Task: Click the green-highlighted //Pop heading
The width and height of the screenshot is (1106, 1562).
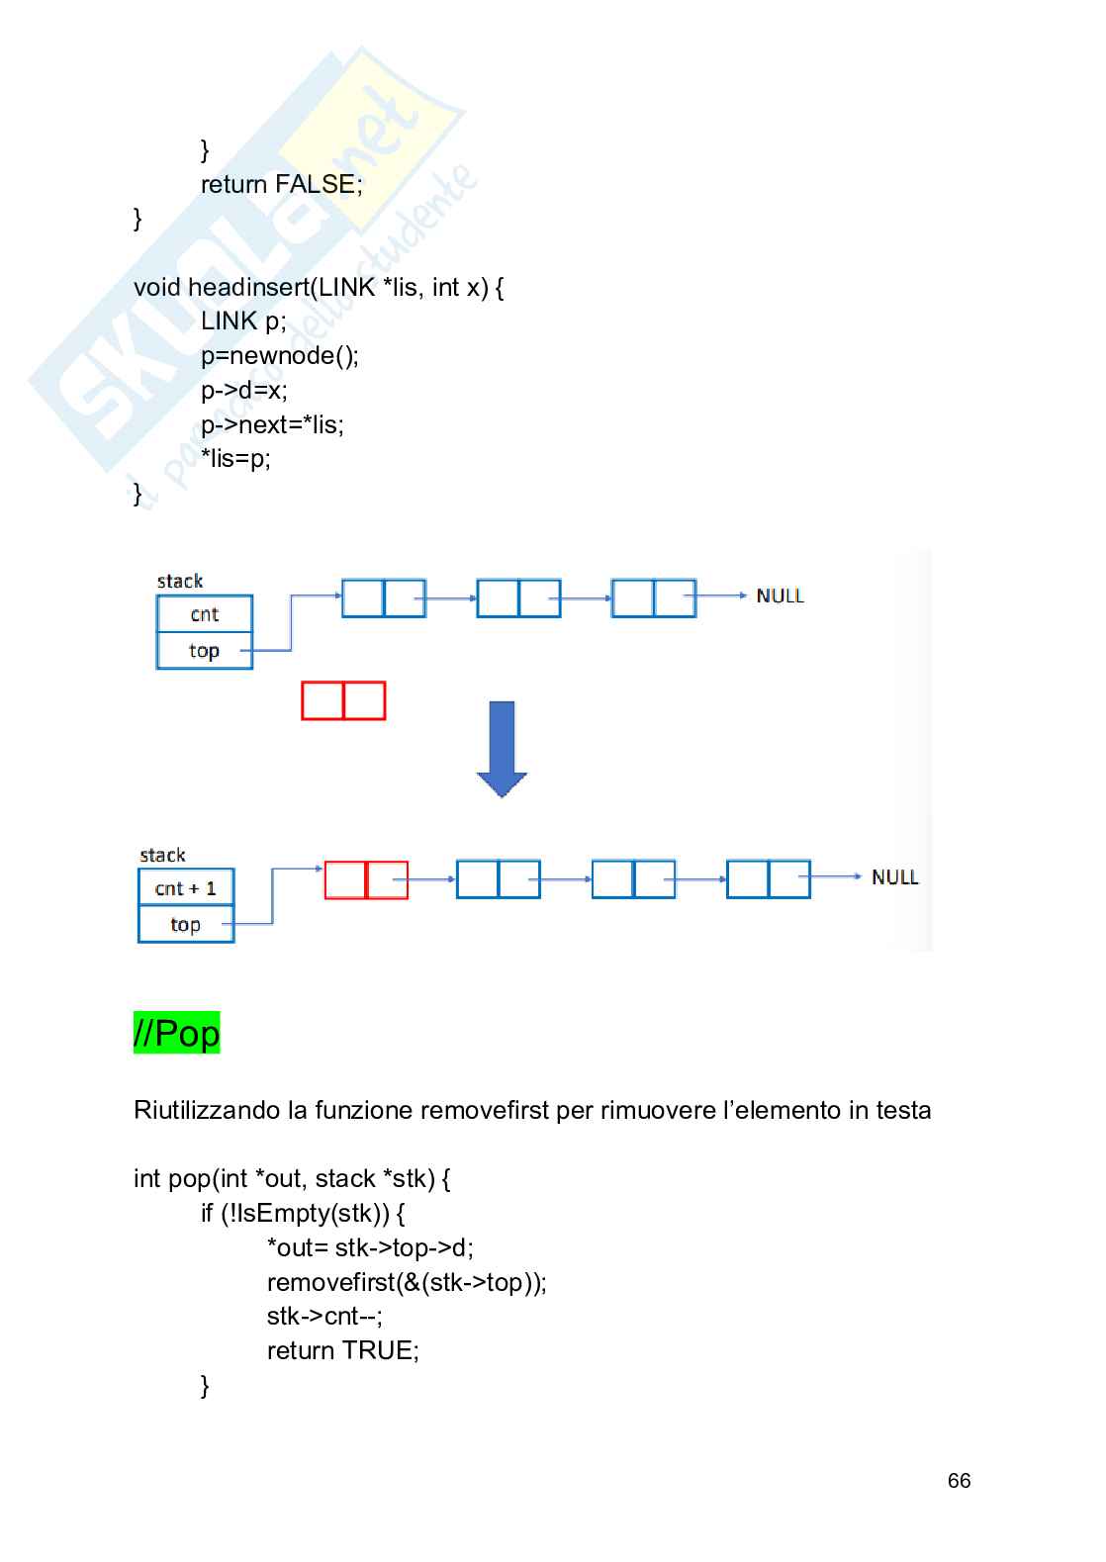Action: pos(176,1033)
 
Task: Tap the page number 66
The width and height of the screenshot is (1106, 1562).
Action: pos(959,1481)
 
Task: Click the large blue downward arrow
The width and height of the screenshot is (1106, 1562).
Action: pos(502,748)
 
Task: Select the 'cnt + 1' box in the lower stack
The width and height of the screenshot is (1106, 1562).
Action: pos(186,887)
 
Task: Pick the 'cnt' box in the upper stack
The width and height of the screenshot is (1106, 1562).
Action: pos(205,614)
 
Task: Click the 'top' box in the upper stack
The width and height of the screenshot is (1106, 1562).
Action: pos(204,651)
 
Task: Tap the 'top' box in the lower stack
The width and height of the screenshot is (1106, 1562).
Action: pos(186,925)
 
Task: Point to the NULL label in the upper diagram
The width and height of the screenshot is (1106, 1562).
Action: pos(780,596)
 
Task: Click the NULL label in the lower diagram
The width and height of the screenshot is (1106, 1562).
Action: pos(894,877)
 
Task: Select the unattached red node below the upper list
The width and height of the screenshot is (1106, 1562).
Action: pos(343,700)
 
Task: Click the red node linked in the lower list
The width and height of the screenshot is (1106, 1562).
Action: pos(366,879)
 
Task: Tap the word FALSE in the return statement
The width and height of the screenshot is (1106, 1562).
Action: pos(315,184)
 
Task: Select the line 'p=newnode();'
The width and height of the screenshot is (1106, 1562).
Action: pos(280,355)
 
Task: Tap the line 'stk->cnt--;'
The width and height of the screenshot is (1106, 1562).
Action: pos(324,1316)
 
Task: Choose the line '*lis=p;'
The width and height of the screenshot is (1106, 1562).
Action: pos(235,458)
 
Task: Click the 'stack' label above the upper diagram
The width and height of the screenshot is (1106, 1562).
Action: pos(180,581)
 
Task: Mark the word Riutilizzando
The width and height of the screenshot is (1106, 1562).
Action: pos(207,1110)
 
